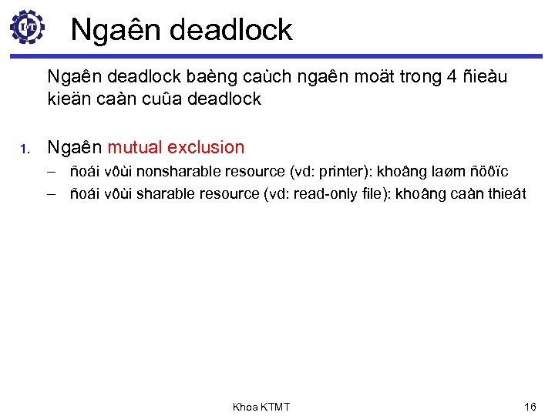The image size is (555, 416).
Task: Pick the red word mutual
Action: (135, 146)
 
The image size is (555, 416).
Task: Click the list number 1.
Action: (25, 148)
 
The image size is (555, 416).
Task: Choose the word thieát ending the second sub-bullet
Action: (504, 193)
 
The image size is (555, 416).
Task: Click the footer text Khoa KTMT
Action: (261, 406)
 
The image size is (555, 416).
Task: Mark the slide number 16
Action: (530, 406)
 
